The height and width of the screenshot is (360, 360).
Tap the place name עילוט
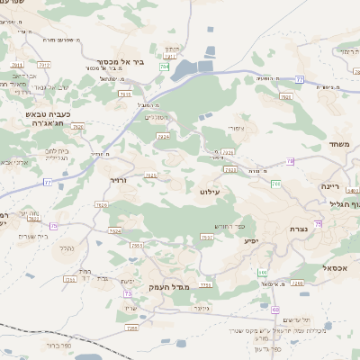(x=208, y=192)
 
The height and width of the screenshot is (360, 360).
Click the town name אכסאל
(x=332, y=267)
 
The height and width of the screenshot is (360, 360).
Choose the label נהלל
(x=64, y=247)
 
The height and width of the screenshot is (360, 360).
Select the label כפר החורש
(x=229, y=225)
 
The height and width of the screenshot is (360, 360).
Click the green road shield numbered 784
(x=165, y=67)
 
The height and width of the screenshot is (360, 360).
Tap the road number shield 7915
(x=150, y=175)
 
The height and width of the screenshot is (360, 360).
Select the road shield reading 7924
(x=163, y=137)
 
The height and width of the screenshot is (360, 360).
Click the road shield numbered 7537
(x=207, y=238)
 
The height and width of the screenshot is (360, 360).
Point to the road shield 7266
(x=297, y=282)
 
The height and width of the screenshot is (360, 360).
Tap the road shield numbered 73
(x=129, y=293)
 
